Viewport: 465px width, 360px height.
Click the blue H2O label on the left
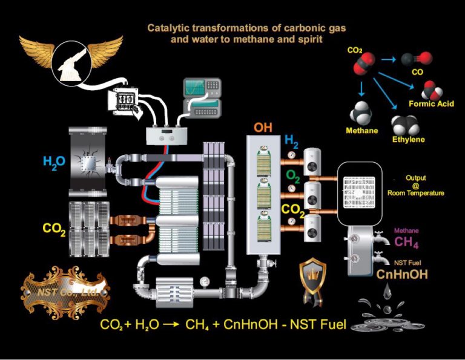click(x=54, y=162)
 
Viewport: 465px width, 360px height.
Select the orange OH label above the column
click(x=262, y=128)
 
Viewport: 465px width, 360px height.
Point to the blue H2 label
click(x=292, y=142)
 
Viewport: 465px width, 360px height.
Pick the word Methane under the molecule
click(x=362, y=131)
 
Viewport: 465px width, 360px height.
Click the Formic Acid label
click(x=430, y=104)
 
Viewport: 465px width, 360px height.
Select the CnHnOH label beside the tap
click(x=401, y=274)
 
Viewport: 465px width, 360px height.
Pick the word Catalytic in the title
click(x=168, y=27)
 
